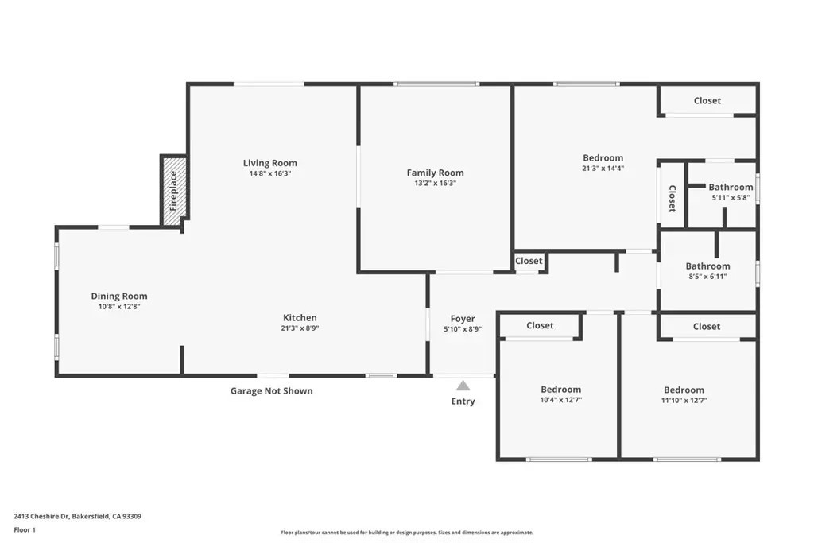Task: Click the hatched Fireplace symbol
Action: pos(174,188)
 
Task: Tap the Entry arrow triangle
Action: pos(463,386)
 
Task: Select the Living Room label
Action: pos(269,163)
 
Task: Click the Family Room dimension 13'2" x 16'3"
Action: pos(435,183)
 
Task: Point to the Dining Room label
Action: pos(118,297)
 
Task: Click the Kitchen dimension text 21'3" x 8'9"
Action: pos(300,328)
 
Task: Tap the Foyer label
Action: pos(463,319)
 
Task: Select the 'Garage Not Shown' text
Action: pos(271,391)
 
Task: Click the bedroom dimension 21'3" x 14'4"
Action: pos(603,168)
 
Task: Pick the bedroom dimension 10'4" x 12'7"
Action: pos(560,400)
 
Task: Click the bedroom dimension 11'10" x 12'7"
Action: pos(684,401)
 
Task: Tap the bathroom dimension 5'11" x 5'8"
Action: pos(731,198)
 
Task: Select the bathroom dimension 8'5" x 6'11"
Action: pos(707,277)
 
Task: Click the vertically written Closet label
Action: pos(672,199)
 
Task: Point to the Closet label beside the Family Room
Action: pos(529,261)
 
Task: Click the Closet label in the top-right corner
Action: pos(707,100)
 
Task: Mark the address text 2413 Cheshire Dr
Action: pos(78,516)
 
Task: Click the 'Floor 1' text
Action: pos(25,529)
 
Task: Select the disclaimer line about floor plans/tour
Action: pos(407,533)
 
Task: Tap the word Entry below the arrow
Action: pos(463,401)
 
